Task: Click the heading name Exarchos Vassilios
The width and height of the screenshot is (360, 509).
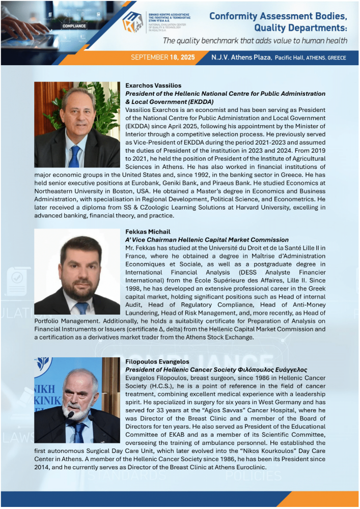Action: pyautogui.click(x=153, y=86)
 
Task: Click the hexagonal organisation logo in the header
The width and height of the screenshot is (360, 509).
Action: pyautogui.click(x=134, y=25)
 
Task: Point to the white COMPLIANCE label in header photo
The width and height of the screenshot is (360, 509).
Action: pyautogui.click(x=74, y=25)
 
